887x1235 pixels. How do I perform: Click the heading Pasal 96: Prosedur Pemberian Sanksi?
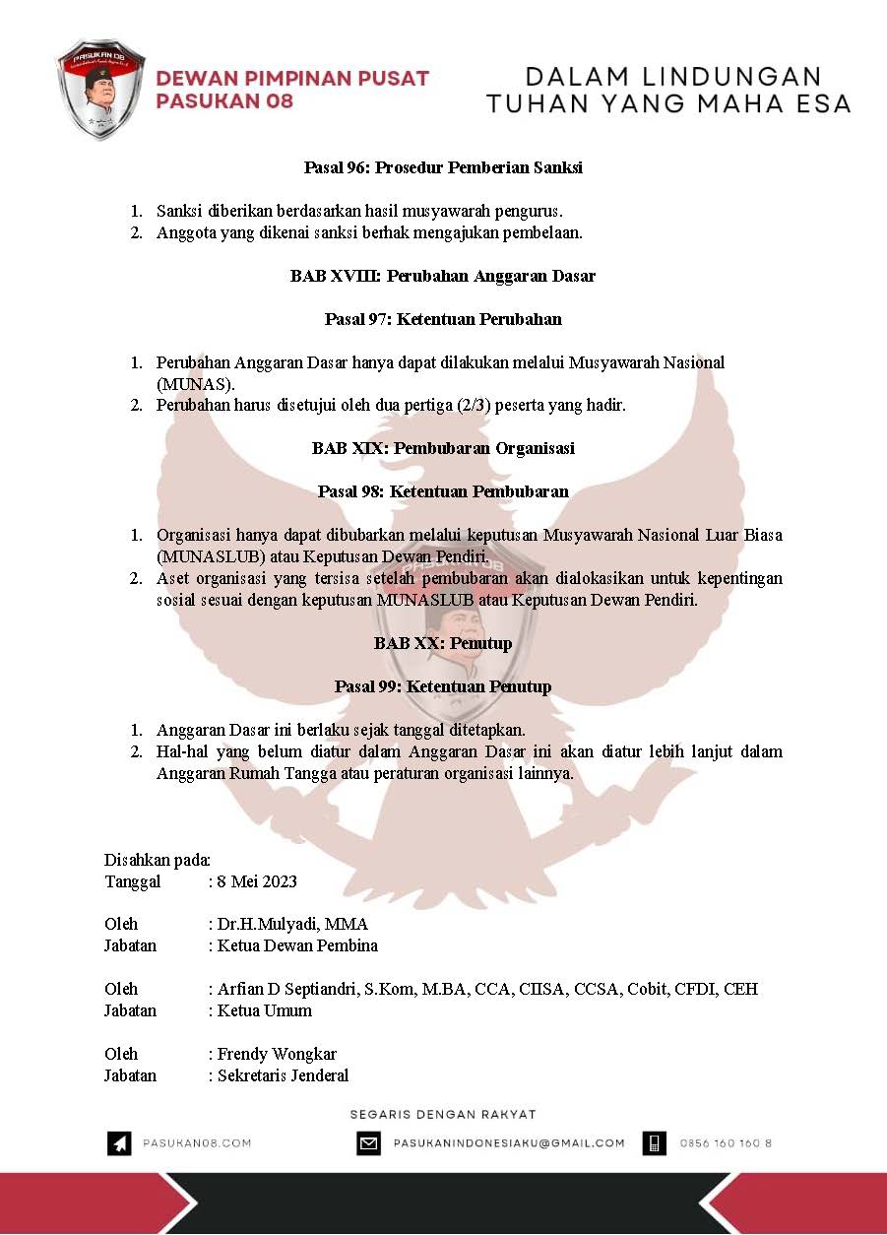coord(443,167)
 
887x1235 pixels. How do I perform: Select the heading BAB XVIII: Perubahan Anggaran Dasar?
coord(443,276)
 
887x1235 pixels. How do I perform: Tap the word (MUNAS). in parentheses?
coord(195,383)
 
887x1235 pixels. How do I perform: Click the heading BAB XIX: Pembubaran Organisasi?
coord(443,448)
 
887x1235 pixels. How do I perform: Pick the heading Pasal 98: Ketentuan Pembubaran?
coord(443,491)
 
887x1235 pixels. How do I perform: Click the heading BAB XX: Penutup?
coord(443,643)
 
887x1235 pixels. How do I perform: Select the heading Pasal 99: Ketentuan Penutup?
coord(443,686)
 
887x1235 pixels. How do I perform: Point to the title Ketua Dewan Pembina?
coord(297,945)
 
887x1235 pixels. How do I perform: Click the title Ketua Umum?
coord(265,1010)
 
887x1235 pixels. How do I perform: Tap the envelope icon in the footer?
coord(368,1143)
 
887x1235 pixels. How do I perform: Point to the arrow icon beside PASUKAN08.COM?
coord(119,1143)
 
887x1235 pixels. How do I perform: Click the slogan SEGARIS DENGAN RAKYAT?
coord(443,1114)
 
